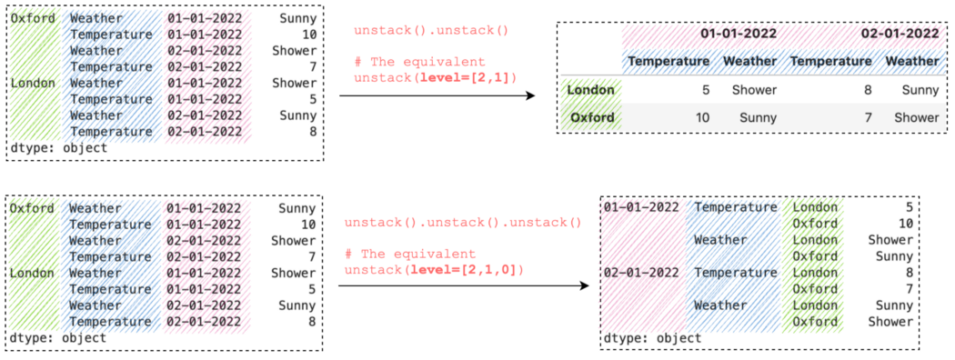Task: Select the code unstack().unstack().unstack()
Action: [x=462, y=223]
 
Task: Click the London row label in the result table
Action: [x=590, y=90]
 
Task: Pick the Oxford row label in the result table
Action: [x=592, y=117]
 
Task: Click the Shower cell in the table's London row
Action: [x=754, y=90]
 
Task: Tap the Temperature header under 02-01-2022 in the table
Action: [x=831, y=61]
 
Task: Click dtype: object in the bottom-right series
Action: [x=651, y=338]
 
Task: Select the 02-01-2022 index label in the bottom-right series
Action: [x=641, y=272]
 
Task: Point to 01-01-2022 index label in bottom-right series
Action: [x=641, y=206]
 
